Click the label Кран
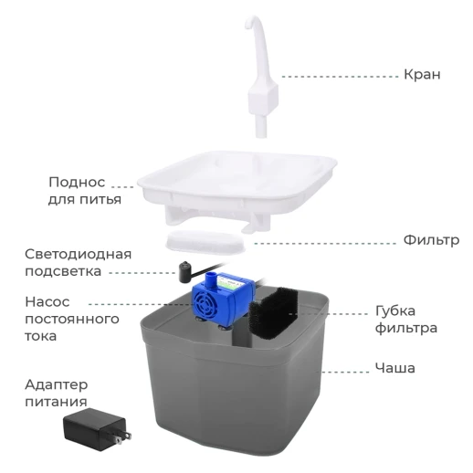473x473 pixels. pyautogui.click(x=421, y=74)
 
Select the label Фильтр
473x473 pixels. pyautogui.click(x=430, y=240)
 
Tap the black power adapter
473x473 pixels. pyautogui.click(x=91, y=428)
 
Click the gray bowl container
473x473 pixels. pyautogui.click(x=228, y=393)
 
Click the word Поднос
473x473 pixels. pyautogui.click(x=78, y=181)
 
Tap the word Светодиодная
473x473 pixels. pyautogui.click(x=78, y=254)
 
